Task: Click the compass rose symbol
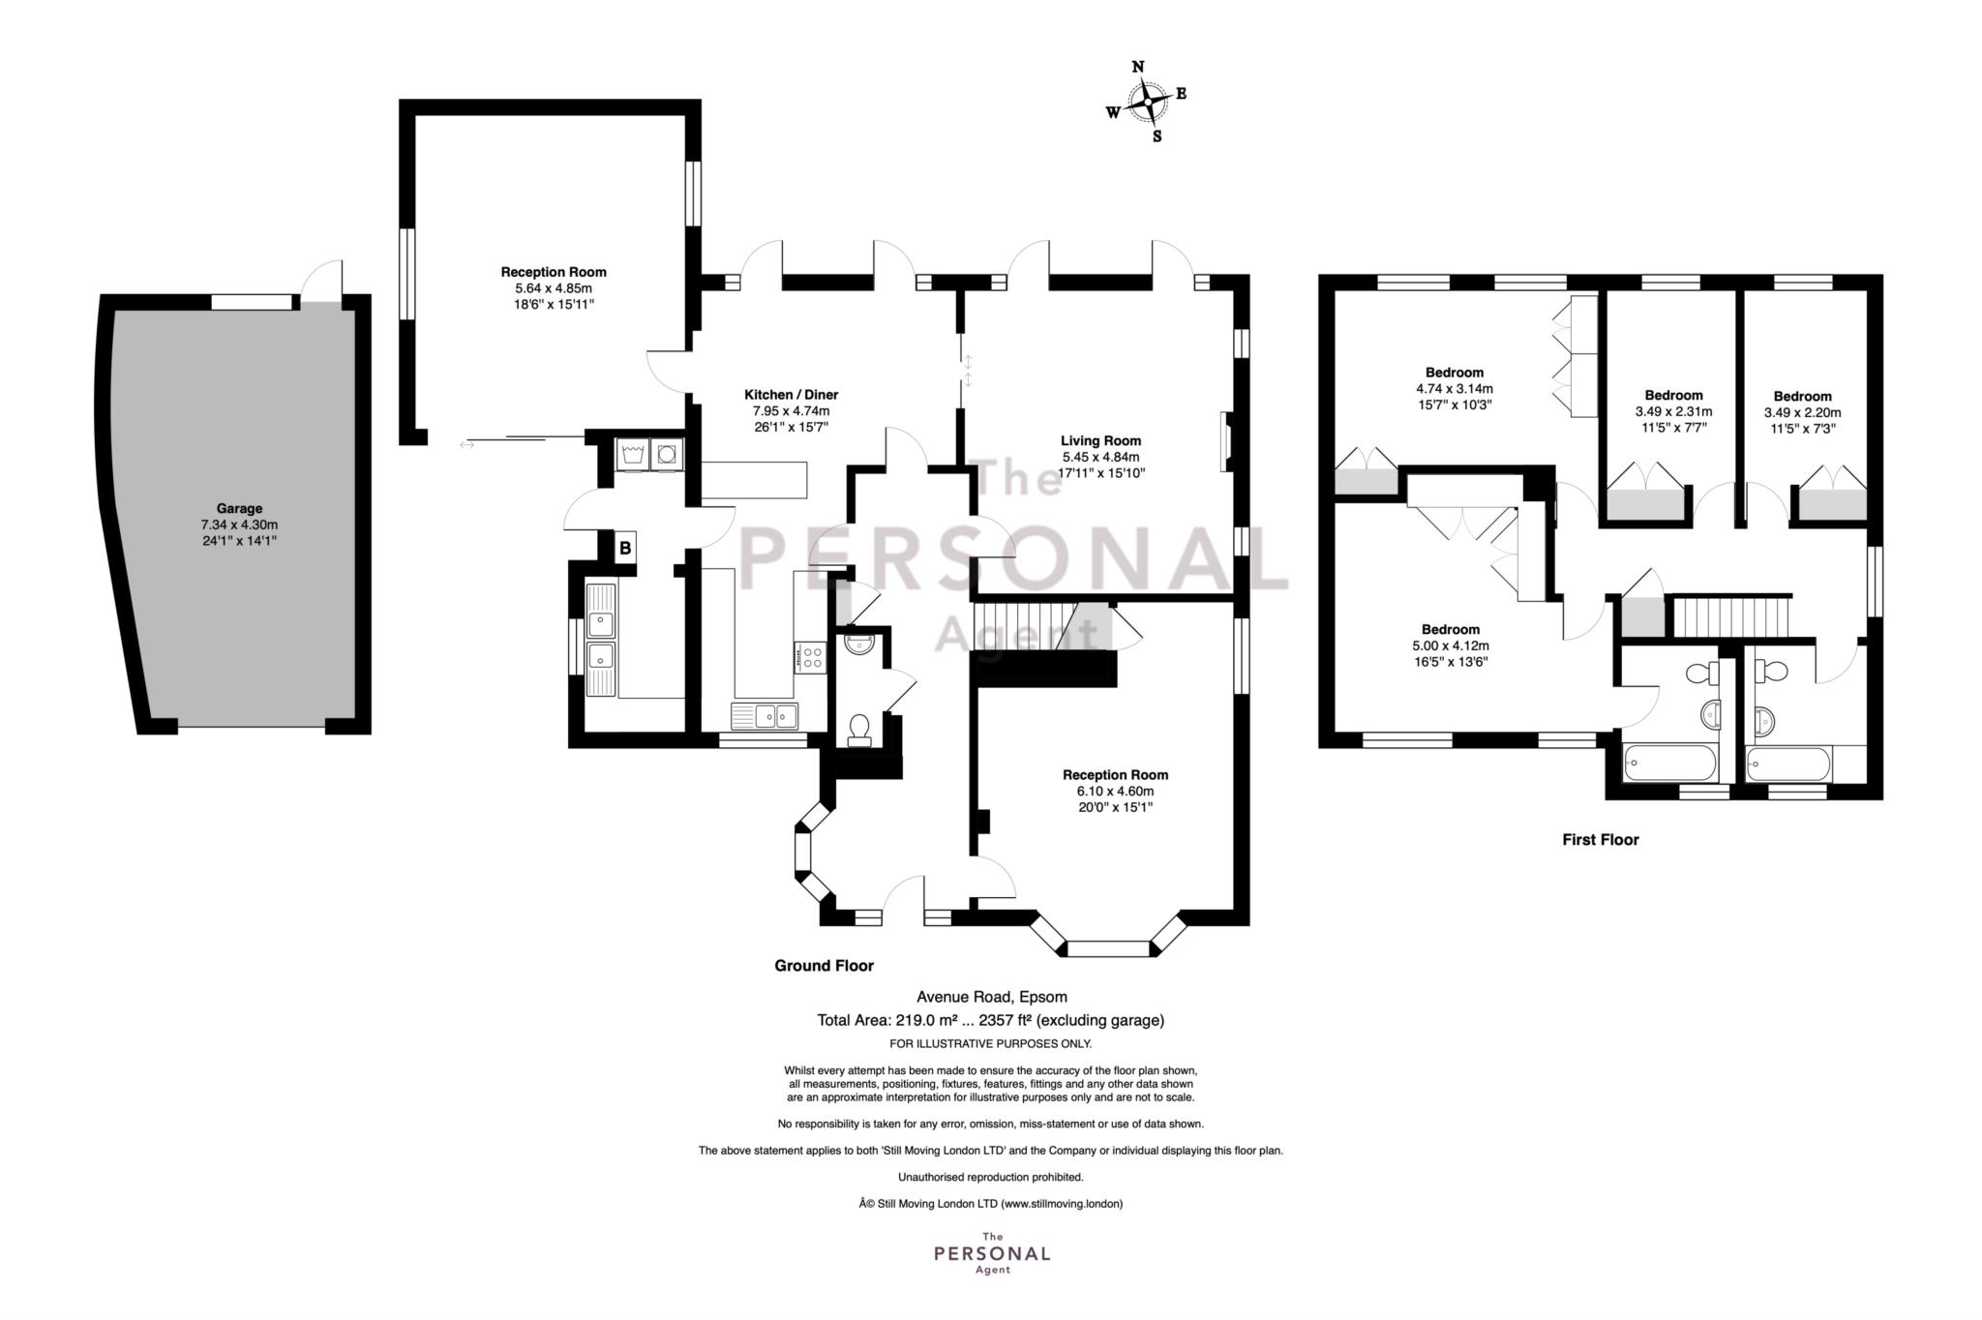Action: tap(1147, 101)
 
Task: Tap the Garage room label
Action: tap(239, 508)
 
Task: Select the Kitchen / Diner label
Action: tap(791, 395)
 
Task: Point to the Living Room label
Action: tap(1100, 441)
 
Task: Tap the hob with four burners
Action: tap(810, 658)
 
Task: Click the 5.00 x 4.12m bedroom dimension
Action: tap(1450, 645)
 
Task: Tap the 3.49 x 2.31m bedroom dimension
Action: tap(1673, 411)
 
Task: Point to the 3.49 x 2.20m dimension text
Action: tap(1802, 412)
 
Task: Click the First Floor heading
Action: tap(1601, 840)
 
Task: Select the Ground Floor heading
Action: tap(824, 966)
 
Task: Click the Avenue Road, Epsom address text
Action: tap(992, 997)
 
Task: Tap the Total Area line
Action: tap(991, 1020)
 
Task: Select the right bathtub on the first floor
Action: tap(1789, 765)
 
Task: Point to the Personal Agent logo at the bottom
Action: tap(991, 1253)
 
